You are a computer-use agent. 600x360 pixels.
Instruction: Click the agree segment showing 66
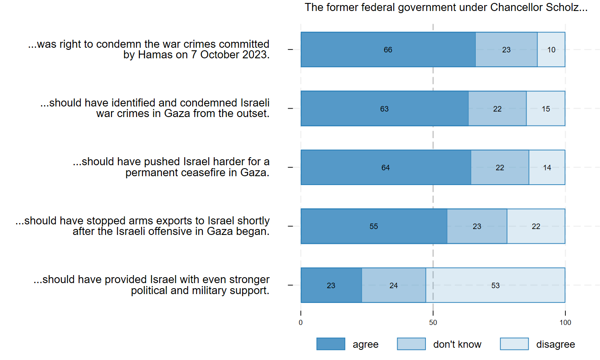(x=388, y=49)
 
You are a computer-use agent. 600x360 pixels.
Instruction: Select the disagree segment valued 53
(x=495, y=285)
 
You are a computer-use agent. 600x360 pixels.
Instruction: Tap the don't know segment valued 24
(x=393, y=285)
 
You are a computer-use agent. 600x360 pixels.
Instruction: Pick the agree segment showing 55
(x=374, y=226)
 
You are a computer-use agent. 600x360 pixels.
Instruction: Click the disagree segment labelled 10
(x=551, y=49)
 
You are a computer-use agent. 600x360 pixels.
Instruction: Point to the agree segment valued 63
(x=384, y=109)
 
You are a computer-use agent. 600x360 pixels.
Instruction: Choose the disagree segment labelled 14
(x=547, y=167)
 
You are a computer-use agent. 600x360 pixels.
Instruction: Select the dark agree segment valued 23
(x=331, y=285)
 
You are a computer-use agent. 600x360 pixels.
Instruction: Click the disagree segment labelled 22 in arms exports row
(x=536, y=226)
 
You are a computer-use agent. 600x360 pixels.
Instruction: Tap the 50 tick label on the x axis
(x=433, y=323)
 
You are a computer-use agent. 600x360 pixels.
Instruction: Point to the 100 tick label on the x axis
(x=565, y=323)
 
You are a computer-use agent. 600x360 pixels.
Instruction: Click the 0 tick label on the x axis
(x=301, y=323)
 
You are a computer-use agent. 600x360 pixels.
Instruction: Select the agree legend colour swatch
(x=331, y=344)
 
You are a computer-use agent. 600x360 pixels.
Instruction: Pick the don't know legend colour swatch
(x=411, y=344)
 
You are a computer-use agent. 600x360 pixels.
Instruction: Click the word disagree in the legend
(x=555, y=345)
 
